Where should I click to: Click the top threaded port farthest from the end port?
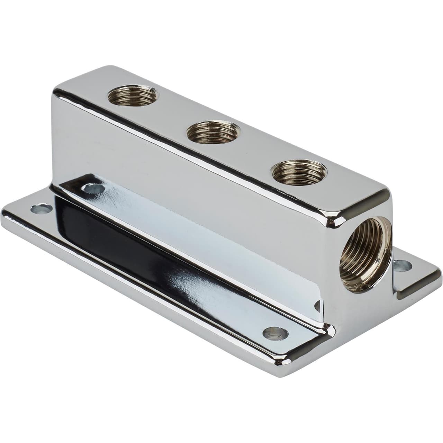[x=133, y=95]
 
